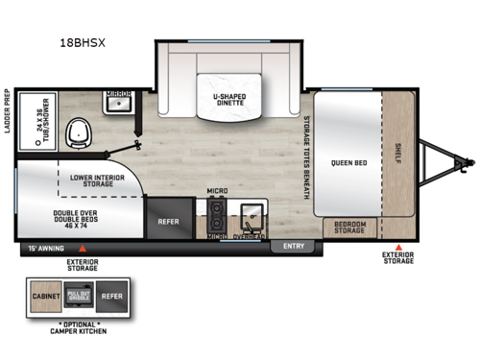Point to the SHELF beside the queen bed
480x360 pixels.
[x=397, y=153]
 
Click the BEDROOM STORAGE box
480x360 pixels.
[x=349, y=228]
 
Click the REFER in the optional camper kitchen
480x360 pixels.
[x=112, y=298]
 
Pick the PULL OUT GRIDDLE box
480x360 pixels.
[x=77, y=298]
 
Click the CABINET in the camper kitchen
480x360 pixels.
[x=44, y=298]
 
